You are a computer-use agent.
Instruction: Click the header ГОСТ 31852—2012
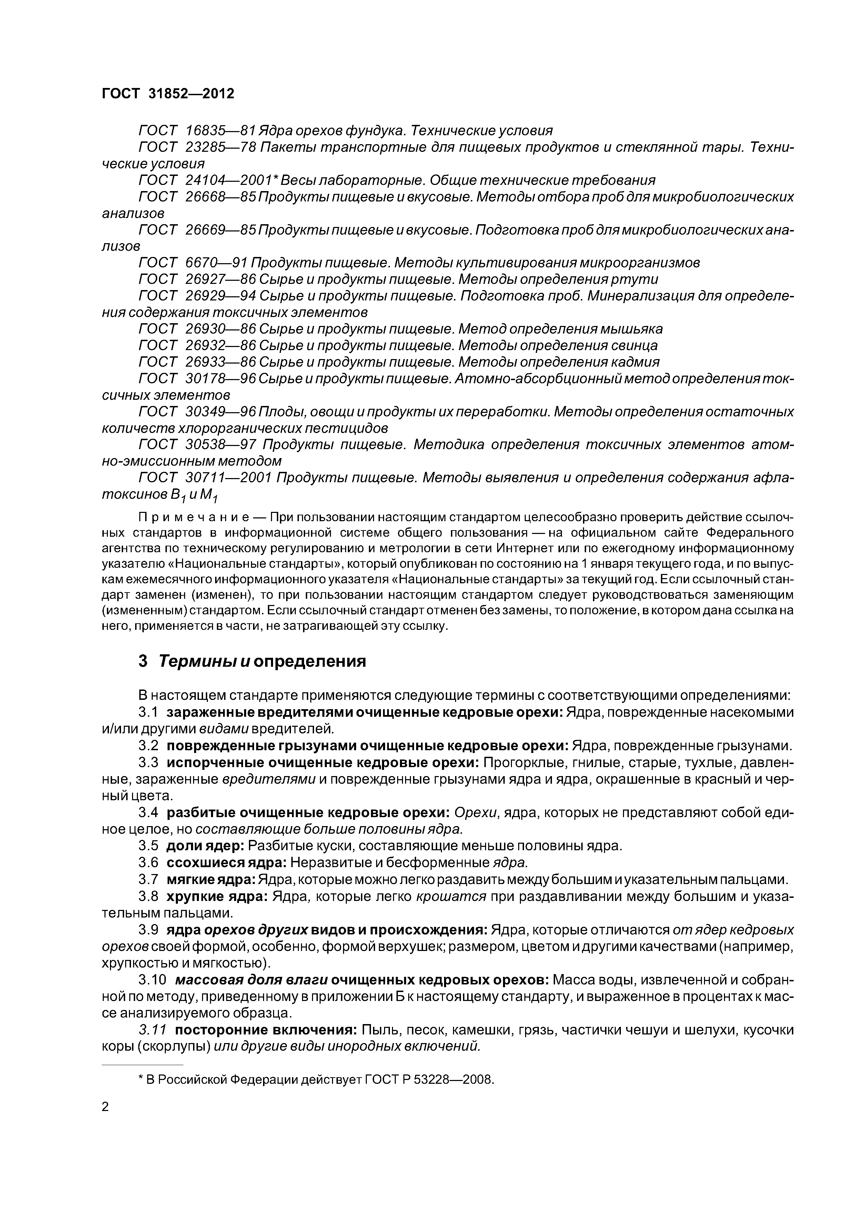pos(168,94)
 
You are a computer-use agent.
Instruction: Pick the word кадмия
pos(634,362)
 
